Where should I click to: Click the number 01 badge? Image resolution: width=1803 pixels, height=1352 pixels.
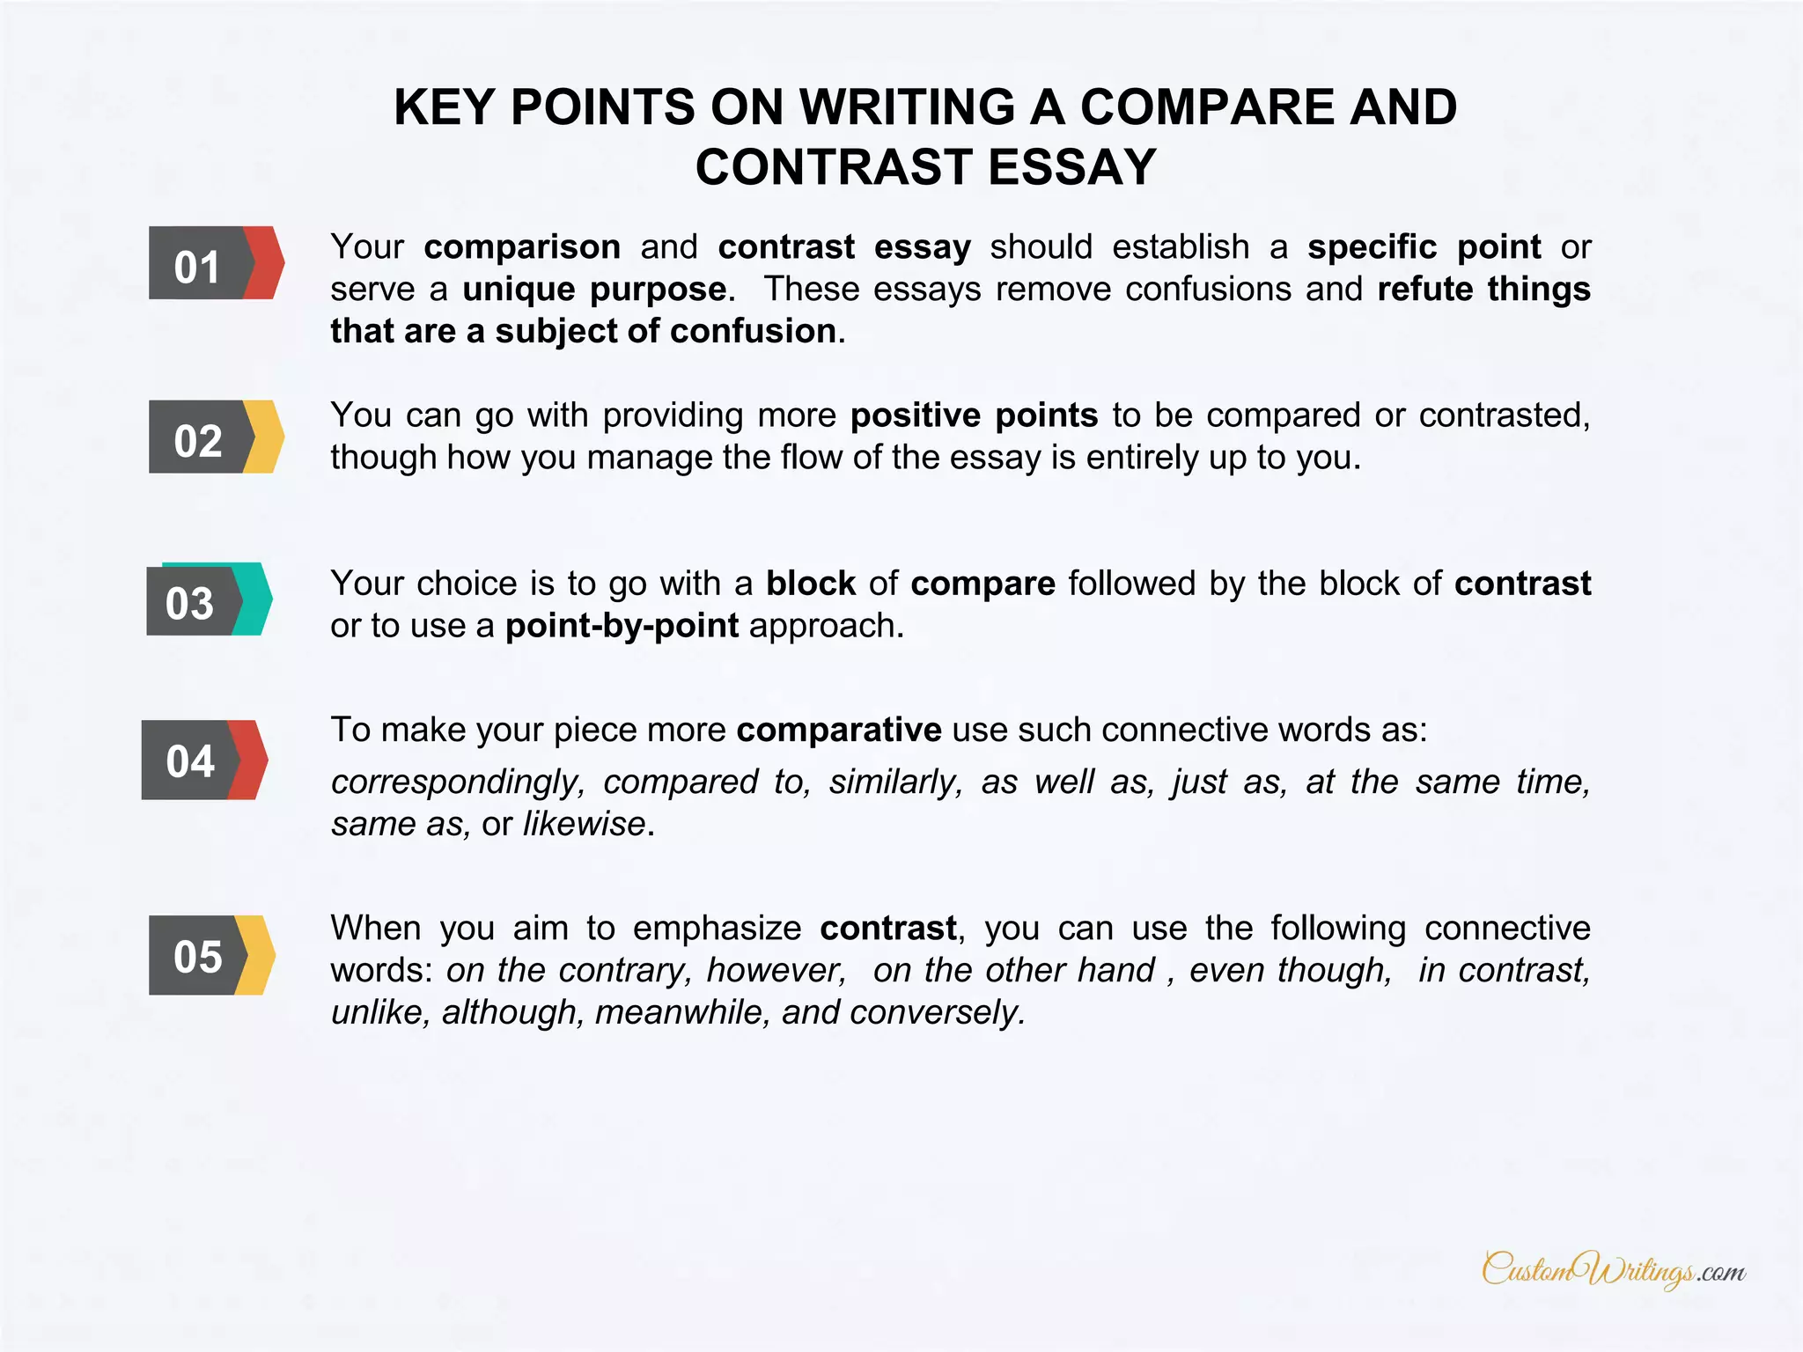pos(216,263)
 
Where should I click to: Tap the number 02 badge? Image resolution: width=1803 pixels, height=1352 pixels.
pos(216,437)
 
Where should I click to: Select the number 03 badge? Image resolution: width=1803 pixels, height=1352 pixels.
pos(209,600)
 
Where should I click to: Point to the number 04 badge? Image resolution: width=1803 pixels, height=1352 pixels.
pos(204,760)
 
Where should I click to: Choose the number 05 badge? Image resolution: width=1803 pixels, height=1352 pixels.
pos(211,956)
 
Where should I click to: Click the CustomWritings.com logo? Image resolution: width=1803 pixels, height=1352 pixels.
pos(1613,1270)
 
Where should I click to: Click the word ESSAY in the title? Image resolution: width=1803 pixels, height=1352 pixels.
pos(1071,167)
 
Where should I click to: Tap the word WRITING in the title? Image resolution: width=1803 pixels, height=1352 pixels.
pos(907,107)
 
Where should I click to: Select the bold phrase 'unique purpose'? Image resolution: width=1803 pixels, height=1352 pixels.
pos(595,290)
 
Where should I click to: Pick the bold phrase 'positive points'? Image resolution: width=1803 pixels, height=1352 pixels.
pos(974,415)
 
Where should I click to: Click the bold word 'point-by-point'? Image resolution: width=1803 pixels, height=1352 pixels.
pos(622,626)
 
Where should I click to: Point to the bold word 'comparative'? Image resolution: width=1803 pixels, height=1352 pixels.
pos(839,731)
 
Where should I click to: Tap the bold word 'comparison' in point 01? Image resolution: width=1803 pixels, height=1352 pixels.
pos(522,247)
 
